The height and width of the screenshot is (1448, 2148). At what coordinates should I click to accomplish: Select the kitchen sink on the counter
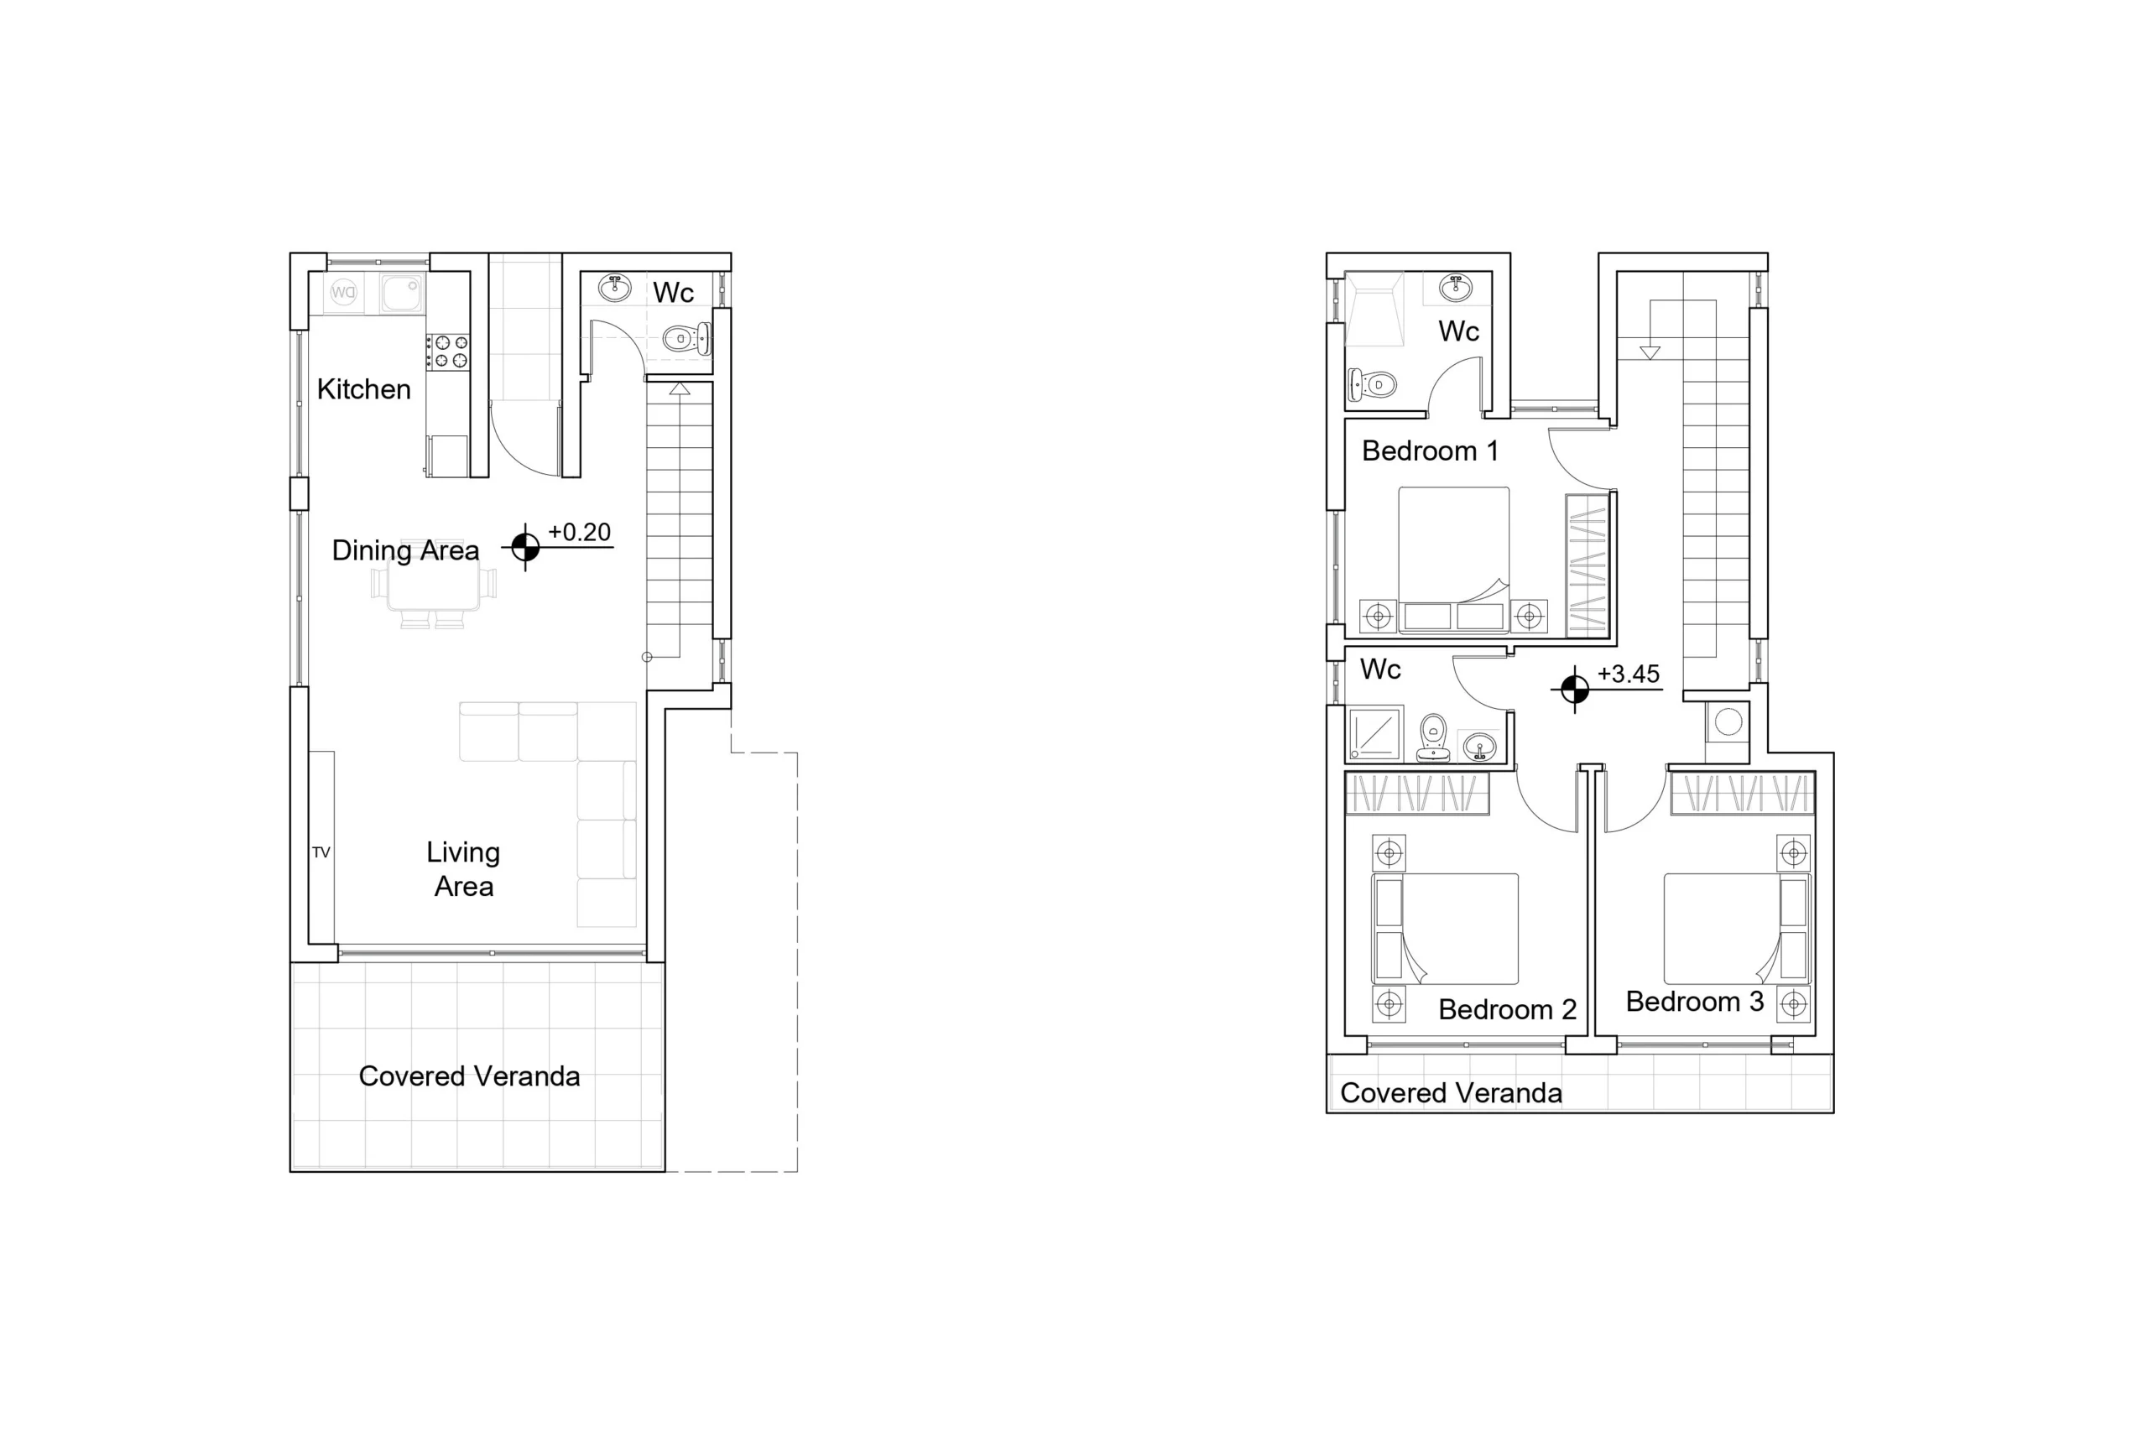[x=402, y=293]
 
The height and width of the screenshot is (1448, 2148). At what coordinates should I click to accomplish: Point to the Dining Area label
[x=405, y=550]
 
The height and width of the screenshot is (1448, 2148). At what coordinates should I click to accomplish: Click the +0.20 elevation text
[x=579, y=532]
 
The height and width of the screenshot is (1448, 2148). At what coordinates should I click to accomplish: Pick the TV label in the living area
[x=321, y=852]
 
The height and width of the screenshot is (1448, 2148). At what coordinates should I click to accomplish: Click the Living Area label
[x=464, y=869]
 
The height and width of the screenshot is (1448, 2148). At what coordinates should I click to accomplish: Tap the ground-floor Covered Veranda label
[x=469, y=1076]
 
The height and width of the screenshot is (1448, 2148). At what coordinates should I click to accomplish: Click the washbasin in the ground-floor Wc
[x=615, y=288]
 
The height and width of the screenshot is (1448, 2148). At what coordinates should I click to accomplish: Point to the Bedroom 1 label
[x=1430, y=451]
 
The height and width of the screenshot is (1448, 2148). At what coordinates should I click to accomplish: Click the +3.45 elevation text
[x=1629, y=675]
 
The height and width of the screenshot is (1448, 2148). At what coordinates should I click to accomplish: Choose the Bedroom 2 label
[x=1507, y=1009]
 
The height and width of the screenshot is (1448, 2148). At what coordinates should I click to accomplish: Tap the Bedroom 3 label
[x=1695, y=1002]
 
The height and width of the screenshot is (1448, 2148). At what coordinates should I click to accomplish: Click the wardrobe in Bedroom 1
[x=1587, y=565]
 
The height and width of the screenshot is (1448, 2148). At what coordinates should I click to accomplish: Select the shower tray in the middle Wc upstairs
[x=1375, y=733]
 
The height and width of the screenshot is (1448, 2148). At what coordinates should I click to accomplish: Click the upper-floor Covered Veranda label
[x=1451, y=1093]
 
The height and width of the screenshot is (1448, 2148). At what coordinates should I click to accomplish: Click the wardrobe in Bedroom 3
[x=1743, y=794]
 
